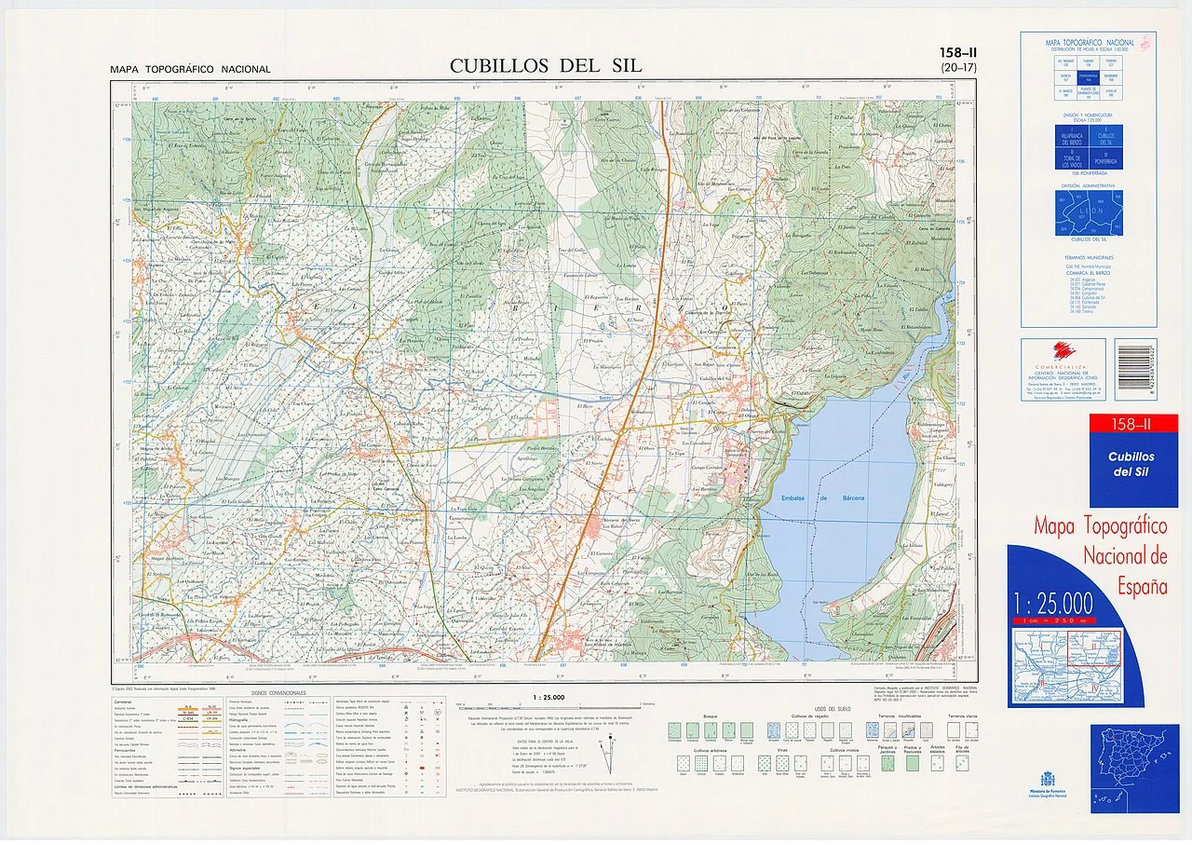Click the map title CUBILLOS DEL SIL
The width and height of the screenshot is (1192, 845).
coord(546,66)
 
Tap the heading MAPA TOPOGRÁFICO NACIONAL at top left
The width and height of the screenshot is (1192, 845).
coord(190,69)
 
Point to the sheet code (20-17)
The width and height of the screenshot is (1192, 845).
coord(959,68)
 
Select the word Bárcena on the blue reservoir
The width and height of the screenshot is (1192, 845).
coord(848,498)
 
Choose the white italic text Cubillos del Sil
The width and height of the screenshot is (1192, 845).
coord(1131,464)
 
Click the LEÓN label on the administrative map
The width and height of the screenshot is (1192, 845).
coord(1088,211)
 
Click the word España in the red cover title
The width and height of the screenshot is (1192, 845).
coord(1143,587)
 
